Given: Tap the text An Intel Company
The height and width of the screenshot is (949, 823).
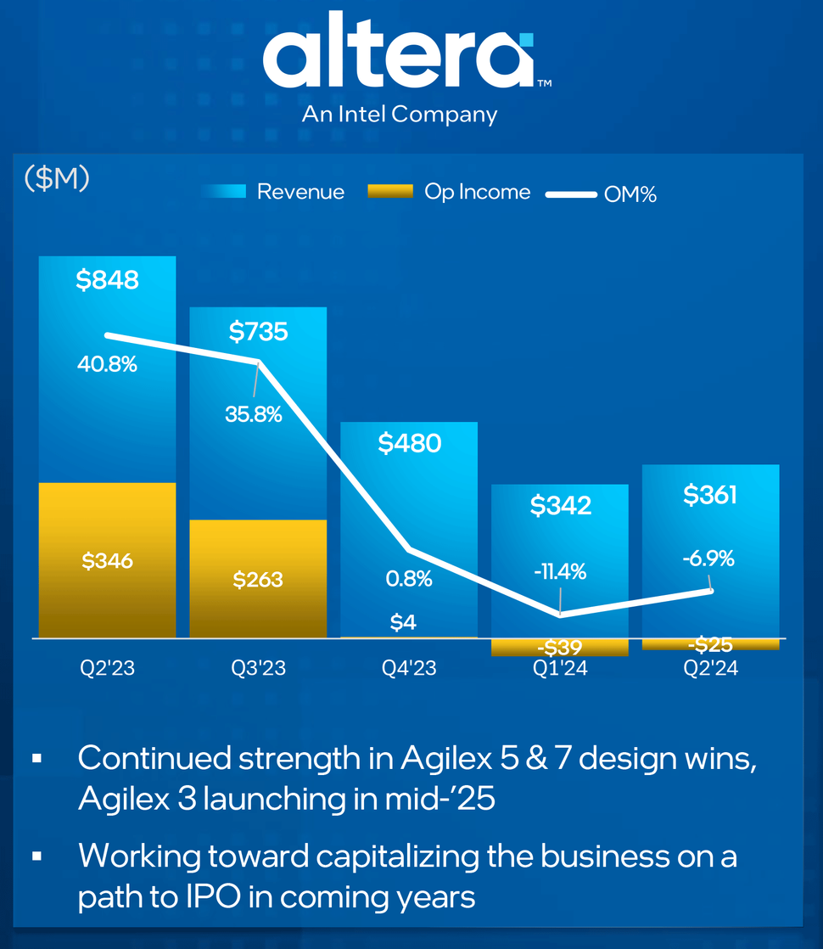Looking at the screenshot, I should [x=400, y=114].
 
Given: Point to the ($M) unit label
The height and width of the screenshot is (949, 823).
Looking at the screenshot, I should [x=57, y=179].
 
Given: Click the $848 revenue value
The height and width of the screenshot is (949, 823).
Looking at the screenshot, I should [x=107, y=281].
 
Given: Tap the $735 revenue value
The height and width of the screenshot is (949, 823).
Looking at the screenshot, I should [x=258, y=331].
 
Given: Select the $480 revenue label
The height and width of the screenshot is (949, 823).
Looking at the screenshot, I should [x=409, y=443].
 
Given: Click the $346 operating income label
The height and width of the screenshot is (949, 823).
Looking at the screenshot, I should [x=107, y=560].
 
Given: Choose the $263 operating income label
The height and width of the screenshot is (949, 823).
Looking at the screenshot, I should [x=258, y=580].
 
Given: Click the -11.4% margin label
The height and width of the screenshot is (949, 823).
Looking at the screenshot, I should [x=560, y=571].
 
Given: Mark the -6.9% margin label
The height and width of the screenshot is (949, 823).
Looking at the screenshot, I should [x=708, y=559].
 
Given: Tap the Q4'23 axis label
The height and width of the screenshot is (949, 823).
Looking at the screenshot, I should [x=409, y=669].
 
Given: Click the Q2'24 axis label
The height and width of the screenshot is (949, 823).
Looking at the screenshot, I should [x=710, y=669].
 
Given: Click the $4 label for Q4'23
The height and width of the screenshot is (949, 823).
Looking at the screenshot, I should [x=403, y=622].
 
